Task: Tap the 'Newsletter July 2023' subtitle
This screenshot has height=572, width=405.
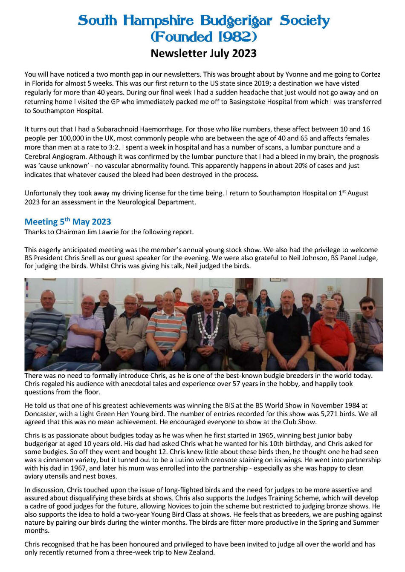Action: tap(203, 53)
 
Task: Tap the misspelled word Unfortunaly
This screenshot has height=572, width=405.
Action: tap(44, 193)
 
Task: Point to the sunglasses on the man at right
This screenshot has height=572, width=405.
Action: tap(367, 308)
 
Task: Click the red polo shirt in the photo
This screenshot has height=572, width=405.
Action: tap(332, 336)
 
